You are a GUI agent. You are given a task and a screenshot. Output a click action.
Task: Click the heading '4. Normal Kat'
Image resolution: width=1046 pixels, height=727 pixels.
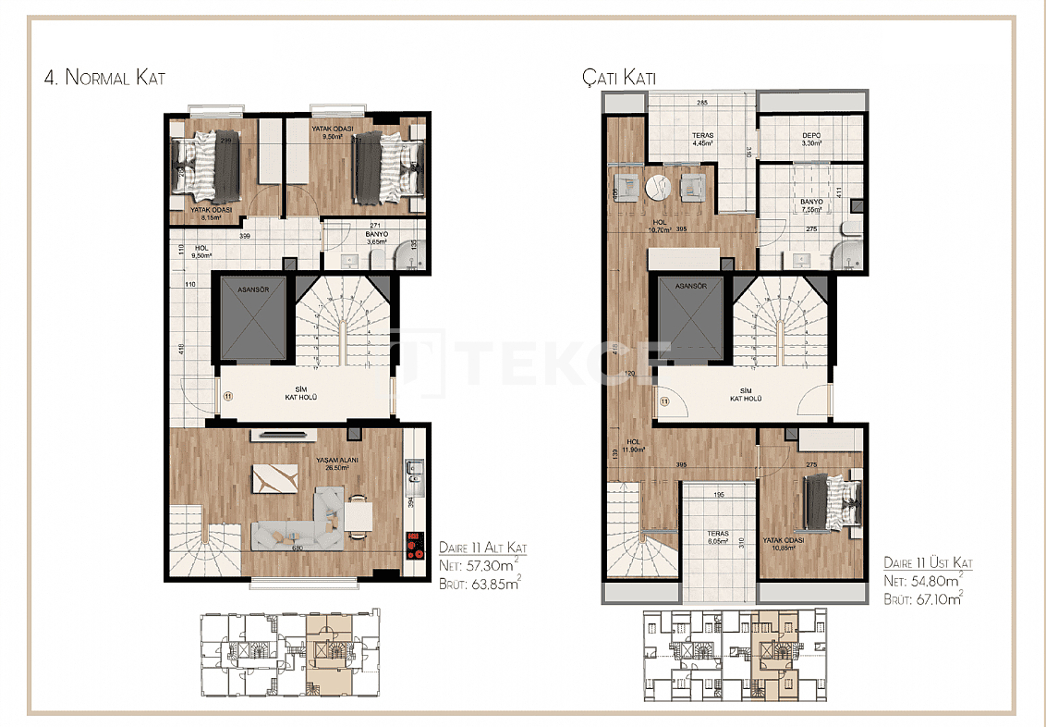tap(104, 78)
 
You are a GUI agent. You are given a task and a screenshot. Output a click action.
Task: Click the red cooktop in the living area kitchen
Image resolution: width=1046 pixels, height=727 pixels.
tap(413, 543)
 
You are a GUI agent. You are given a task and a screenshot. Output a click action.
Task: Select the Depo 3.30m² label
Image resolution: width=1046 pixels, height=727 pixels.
tap(811, 140)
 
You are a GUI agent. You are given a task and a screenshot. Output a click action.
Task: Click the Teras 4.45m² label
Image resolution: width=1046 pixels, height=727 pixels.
tap(702, 140)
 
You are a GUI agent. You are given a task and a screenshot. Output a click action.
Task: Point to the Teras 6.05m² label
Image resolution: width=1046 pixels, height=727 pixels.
tap(717, 538)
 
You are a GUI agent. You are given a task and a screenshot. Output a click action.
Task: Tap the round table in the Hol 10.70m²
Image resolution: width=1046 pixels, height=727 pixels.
tap(658, 187)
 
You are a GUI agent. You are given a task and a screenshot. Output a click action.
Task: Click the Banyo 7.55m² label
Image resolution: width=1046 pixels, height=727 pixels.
tap(811, 205)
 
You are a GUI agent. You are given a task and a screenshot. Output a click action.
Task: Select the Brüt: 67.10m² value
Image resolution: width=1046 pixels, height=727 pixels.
tap(924, 598)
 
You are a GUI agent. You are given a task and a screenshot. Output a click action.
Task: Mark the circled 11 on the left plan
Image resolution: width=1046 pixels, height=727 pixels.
tap(227, 396)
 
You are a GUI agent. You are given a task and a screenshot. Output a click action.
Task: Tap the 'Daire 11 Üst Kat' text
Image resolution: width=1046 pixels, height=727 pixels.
tap(928, 563)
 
